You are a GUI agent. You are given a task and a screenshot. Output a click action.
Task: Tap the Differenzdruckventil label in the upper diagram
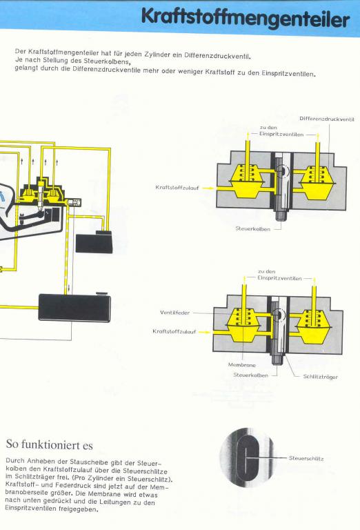click(x=327, y=119)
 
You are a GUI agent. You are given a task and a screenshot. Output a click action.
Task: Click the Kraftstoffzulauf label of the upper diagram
click(x=177, y=188)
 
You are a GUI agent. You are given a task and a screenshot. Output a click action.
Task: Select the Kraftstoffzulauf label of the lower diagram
click(x=174, y=331)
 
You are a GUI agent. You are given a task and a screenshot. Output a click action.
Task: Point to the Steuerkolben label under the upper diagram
click(x=253, y=229)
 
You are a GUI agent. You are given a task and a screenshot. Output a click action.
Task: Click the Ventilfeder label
click(x=174, y=313)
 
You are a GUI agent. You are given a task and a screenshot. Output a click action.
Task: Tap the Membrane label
click(x=242, y=365)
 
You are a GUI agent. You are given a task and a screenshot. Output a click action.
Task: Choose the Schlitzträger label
click(x=320, y=377)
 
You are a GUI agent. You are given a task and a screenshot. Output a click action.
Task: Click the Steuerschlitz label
click(x=306, y=458)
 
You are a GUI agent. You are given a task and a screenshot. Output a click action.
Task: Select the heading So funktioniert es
click(x=49, y=444)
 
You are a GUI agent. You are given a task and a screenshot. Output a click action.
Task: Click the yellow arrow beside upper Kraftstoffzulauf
click(x=208, y=188)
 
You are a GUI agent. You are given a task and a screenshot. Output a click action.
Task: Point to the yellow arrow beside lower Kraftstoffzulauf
click(x=204, y=332)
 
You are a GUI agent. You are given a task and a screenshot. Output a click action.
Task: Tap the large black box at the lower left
click(x=74, y=307)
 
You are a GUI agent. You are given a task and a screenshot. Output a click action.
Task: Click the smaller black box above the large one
click(x=94, y=242)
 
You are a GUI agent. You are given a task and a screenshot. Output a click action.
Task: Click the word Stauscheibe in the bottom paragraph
click(x=84, y=462)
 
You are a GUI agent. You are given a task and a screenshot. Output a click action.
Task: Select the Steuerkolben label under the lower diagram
click(x=250, y=375)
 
